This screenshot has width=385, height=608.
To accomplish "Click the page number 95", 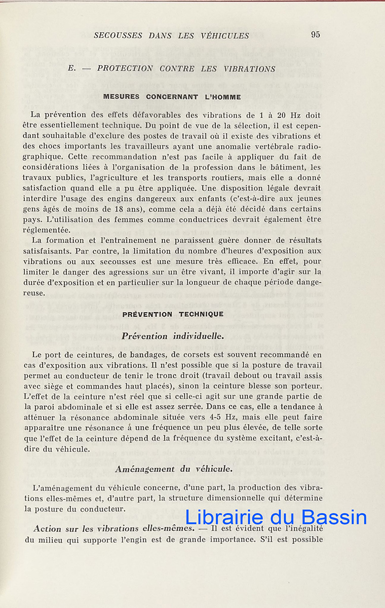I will (x=316, y=35).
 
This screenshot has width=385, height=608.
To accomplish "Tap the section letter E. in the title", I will (x=71, y=68).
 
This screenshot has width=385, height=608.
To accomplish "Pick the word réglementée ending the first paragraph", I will (x=47, y=230).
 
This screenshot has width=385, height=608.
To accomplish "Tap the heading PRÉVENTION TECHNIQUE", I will (x=173, y=314).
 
